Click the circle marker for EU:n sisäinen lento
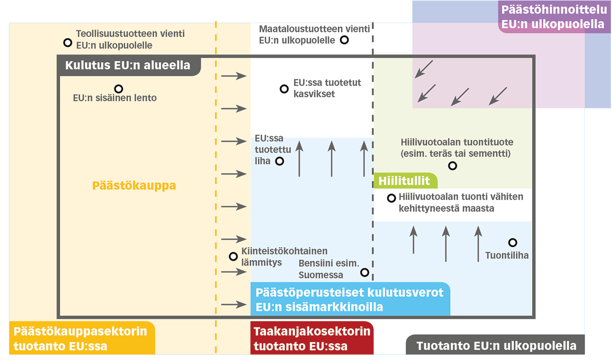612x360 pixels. click(119, 89)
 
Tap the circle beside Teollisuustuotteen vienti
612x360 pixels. click(68, 42)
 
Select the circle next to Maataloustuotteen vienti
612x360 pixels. click(344, 40)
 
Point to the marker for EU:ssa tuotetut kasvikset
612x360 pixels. click(284, 89)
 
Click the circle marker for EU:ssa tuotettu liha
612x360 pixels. click(279, 161)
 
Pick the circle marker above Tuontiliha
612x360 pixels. click(512, 242)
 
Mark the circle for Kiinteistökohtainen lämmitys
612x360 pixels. click(233, 257)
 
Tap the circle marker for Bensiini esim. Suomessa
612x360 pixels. click(364, 272)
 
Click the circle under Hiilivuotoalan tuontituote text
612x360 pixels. click(452, 166)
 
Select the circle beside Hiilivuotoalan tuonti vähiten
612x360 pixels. click(391, 198)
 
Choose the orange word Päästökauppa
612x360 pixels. click(134, 185)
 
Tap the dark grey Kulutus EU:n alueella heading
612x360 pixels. click(129, 65)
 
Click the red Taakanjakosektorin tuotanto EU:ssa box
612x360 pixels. click(312, 338)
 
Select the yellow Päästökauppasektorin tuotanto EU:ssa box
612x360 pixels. click(82, 338)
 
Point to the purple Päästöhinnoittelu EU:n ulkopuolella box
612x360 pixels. click(554, 17)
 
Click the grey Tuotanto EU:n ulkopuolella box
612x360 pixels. click(496, 345)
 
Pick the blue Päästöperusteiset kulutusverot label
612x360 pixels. click(350, 299)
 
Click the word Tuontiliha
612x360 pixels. click(507, 256)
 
